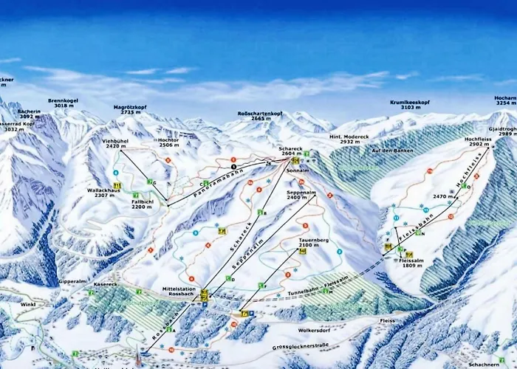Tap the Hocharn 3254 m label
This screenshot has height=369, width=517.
tap(506, 100)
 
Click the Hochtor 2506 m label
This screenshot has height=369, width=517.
tap(169, 143)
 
